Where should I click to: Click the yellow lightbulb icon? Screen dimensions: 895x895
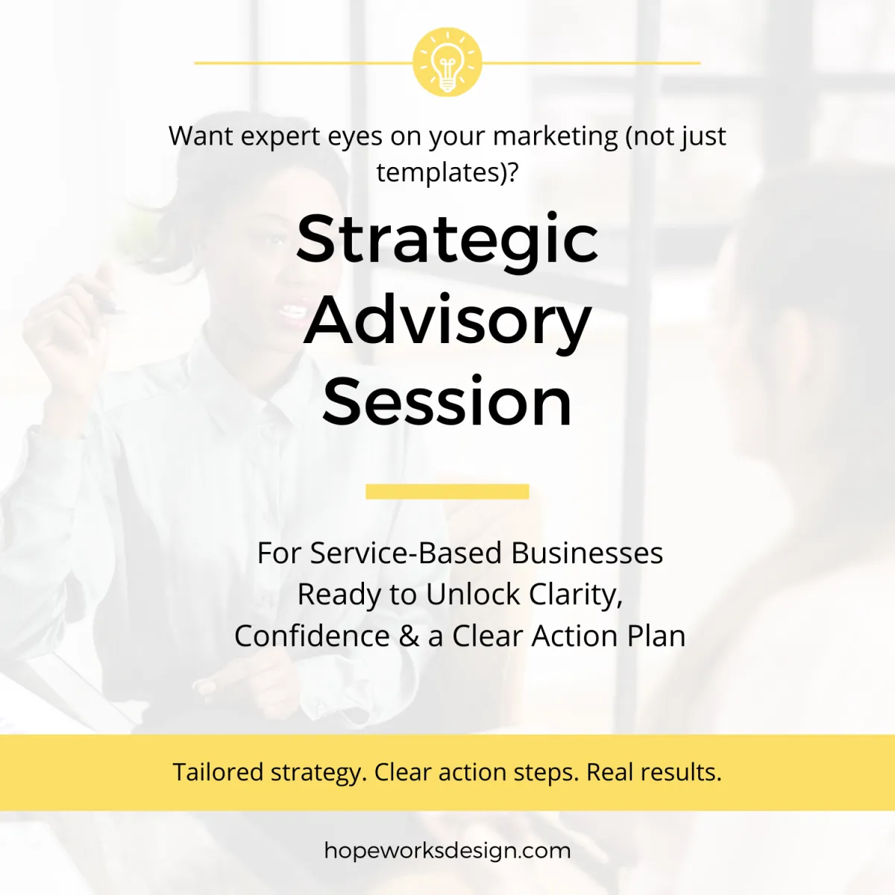447,63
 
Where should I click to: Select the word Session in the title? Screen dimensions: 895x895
447,403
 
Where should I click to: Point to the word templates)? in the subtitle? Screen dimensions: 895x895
447,172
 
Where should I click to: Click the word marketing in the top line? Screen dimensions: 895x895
556,136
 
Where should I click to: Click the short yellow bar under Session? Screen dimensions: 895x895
447,492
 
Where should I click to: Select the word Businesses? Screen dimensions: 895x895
587,553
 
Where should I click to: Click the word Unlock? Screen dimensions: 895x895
473,594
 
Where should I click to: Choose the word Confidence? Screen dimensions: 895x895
312,636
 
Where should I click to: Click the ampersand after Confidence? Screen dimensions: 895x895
409,636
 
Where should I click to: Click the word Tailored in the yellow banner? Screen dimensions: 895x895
218,772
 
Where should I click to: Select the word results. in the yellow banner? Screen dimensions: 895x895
682,772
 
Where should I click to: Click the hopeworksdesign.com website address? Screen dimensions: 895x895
447,851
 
